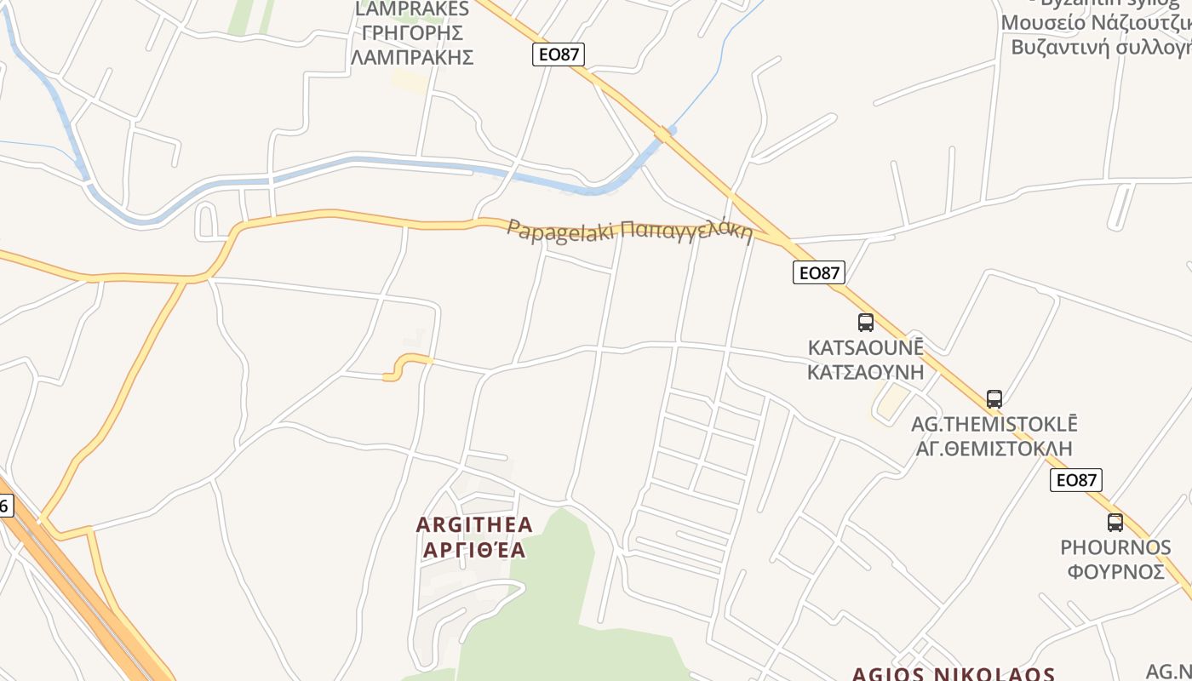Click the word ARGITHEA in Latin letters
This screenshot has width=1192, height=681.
(474, 524)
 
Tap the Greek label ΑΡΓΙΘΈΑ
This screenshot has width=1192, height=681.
(474, 550)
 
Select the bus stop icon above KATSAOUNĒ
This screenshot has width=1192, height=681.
(866, 323)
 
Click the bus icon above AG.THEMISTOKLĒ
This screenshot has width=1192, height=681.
(994, 398)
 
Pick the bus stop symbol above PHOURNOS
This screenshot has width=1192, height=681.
(1115, 522)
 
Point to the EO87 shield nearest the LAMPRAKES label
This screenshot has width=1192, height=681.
(559, 54)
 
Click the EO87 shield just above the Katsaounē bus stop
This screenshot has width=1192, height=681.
(819, 272)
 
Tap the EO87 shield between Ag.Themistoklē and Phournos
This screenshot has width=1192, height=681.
(1076, 480)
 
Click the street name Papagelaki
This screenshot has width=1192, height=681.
(561, 231)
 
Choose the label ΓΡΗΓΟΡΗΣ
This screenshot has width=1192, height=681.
(412, 33)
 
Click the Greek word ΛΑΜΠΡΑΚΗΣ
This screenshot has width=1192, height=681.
(412, 58)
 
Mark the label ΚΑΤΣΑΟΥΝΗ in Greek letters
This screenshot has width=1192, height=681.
(866, 372)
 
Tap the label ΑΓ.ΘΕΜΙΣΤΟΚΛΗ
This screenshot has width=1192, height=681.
(994, 448)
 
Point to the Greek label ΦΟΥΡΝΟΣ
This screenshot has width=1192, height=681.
(1115, 571)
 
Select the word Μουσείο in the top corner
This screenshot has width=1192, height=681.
(1043, 23)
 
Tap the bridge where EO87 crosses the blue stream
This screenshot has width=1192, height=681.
(664, 134)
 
